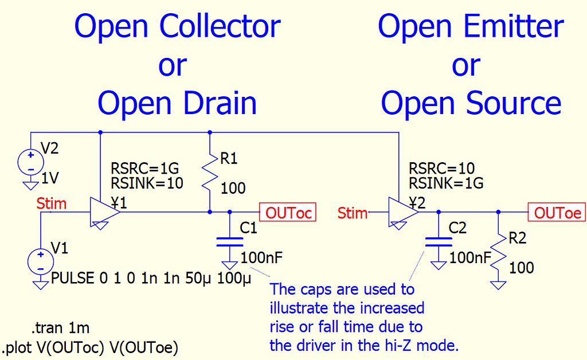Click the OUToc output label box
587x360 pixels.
(287, 213)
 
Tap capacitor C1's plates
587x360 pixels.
(229, 241)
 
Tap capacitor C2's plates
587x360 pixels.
(438, 241)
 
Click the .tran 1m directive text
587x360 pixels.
(60, 328)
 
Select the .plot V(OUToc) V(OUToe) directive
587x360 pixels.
(90, 347)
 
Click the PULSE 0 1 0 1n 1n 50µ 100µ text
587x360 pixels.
(151, 279)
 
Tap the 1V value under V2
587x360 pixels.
(50, 179)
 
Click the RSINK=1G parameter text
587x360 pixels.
(446, 183)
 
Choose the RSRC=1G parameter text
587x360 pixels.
(144, 169)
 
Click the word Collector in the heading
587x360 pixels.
(220, 26)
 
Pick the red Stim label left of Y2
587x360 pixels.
(352, 213)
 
